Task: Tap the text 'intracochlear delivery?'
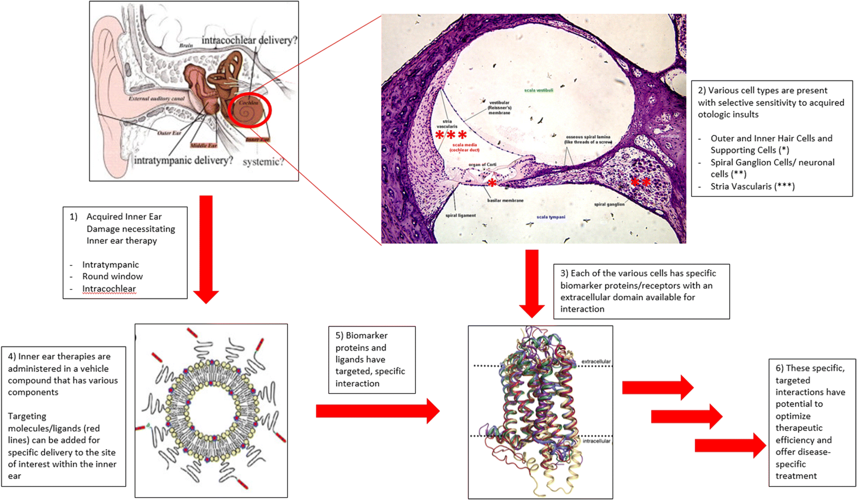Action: [x=249, y=40]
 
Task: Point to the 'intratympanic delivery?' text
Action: [x=183, y=160]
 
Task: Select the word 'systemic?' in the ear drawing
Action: [x=263, y=162]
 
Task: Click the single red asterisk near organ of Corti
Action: [x=492, y=183]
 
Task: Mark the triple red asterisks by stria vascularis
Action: [x=451, y=135]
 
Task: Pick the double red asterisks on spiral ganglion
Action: [x=640, y=182]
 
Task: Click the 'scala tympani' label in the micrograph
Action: [x=551, y=217]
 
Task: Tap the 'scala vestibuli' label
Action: [x=538, y=90]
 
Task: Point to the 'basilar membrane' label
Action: [x=505, y=201]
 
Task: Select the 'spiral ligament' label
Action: [x=460, y=216]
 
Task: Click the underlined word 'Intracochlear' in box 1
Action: [x=109, y=289]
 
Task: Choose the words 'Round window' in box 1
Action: [x=112, y=276]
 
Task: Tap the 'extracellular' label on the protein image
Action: [x=596, y=361]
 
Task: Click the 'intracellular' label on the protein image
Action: [x=596, y=441]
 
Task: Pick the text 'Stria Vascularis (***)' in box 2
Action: [x=752, y=186]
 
